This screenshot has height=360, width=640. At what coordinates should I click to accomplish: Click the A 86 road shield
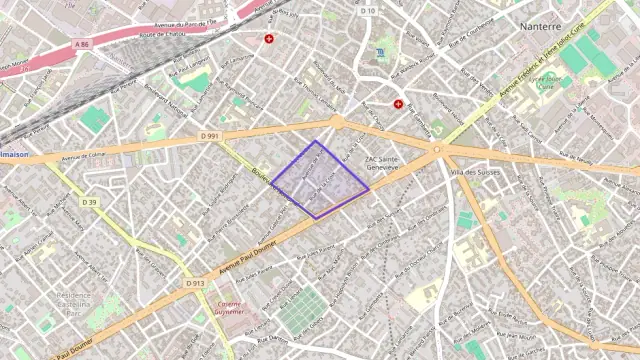[81, 45]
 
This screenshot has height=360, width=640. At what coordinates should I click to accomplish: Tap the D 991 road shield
[209, 135]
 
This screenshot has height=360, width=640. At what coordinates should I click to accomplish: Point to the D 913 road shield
[195, 283]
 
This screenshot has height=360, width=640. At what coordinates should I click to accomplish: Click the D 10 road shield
[367, 11]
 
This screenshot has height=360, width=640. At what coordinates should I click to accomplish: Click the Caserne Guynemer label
[230, 307]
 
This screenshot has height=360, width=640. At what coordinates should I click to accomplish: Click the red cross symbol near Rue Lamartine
[269, 39]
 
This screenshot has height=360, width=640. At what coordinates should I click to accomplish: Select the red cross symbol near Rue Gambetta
[398, 104]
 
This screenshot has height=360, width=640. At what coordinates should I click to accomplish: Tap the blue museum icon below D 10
[380, 52]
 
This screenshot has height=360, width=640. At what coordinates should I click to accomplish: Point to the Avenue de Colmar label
[82, 156]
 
